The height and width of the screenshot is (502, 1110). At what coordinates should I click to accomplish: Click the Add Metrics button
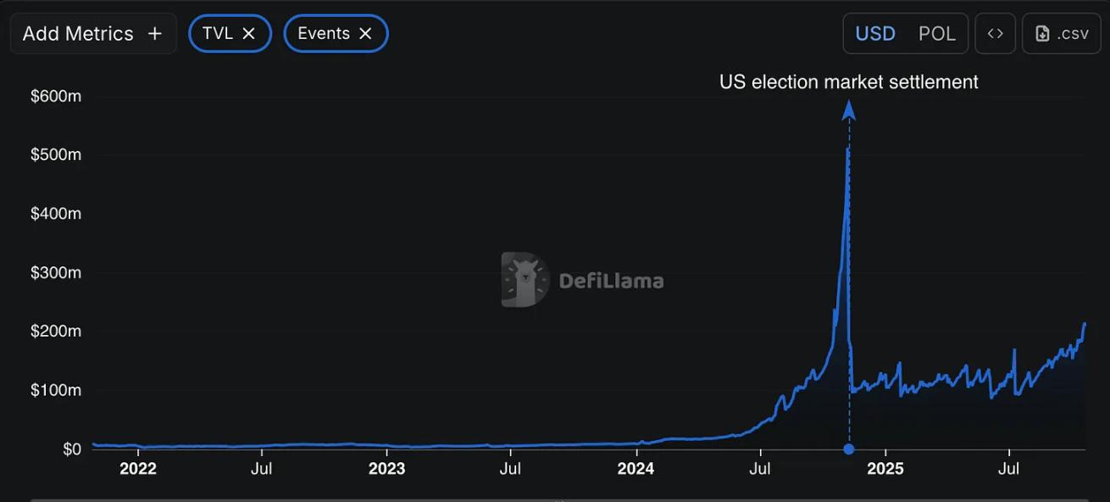point(92,33)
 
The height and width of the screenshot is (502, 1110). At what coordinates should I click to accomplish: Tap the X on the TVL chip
point(249,33)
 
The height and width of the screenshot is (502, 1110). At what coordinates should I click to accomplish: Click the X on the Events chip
point(365,33)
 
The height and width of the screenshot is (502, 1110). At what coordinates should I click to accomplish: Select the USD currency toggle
point(875,33)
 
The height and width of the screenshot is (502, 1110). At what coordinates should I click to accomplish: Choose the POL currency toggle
point(937,33)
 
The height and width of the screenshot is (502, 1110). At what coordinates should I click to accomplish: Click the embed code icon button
point(995,33)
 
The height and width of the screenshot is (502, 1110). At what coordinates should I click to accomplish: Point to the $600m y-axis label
point(56,97)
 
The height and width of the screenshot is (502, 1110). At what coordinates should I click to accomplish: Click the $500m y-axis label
point(56,155)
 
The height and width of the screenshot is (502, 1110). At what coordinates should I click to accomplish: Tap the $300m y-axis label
point(56,273)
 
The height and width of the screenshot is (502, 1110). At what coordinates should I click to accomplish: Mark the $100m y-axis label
point(56,390)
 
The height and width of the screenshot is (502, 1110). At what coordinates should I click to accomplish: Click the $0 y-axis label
point(71,449)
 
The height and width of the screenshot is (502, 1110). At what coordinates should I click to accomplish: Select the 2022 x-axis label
point(138,469)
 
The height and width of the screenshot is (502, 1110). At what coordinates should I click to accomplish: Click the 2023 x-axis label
point(387,469)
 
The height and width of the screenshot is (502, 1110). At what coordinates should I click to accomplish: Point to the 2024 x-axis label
point(635,469)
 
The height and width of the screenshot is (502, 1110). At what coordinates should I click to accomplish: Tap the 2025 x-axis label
point(885,469)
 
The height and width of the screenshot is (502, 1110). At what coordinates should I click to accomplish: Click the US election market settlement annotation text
point(848,82)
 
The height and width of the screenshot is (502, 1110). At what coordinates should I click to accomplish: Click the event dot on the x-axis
point(849,449)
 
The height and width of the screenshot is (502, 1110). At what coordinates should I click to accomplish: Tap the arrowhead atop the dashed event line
point(849,109)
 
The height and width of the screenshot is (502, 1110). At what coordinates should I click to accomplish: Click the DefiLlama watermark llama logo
point(524,279)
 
